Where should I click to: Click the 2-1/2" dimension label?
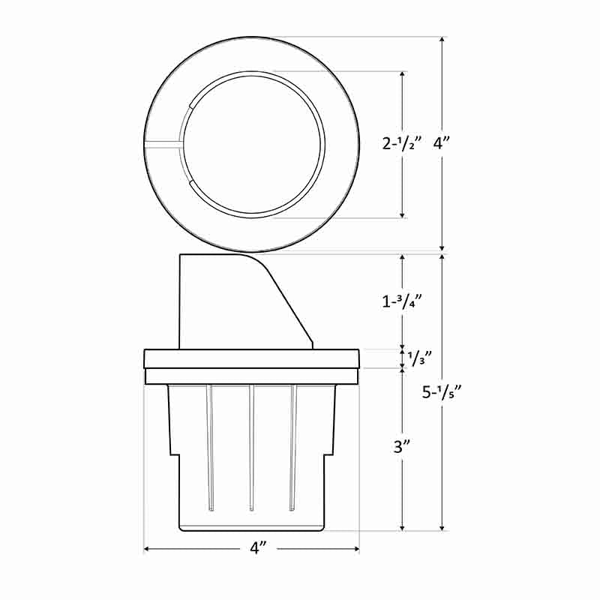403,143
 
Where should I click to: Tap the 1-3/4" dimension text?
403,301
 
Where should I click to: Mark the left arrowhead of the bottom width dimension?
147,550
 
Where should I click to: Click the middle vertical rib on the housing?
251,448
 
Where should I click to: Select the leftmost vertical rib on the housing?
210,448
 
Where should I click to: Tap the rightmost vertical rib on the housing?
292,448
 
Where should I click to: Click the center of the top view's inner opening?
254,143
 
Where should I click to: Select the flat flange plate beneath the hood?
252,358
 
